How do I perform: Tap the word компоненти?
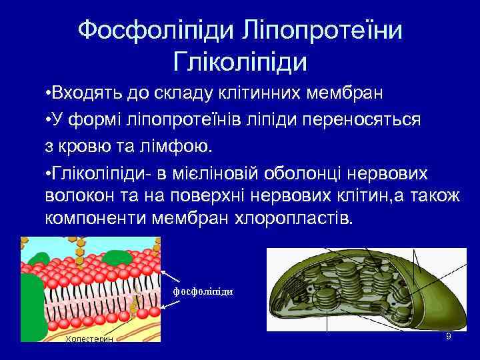click(x=96, y=219)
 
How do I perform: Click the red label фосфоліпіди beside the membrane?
click(x=203, y=292)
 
